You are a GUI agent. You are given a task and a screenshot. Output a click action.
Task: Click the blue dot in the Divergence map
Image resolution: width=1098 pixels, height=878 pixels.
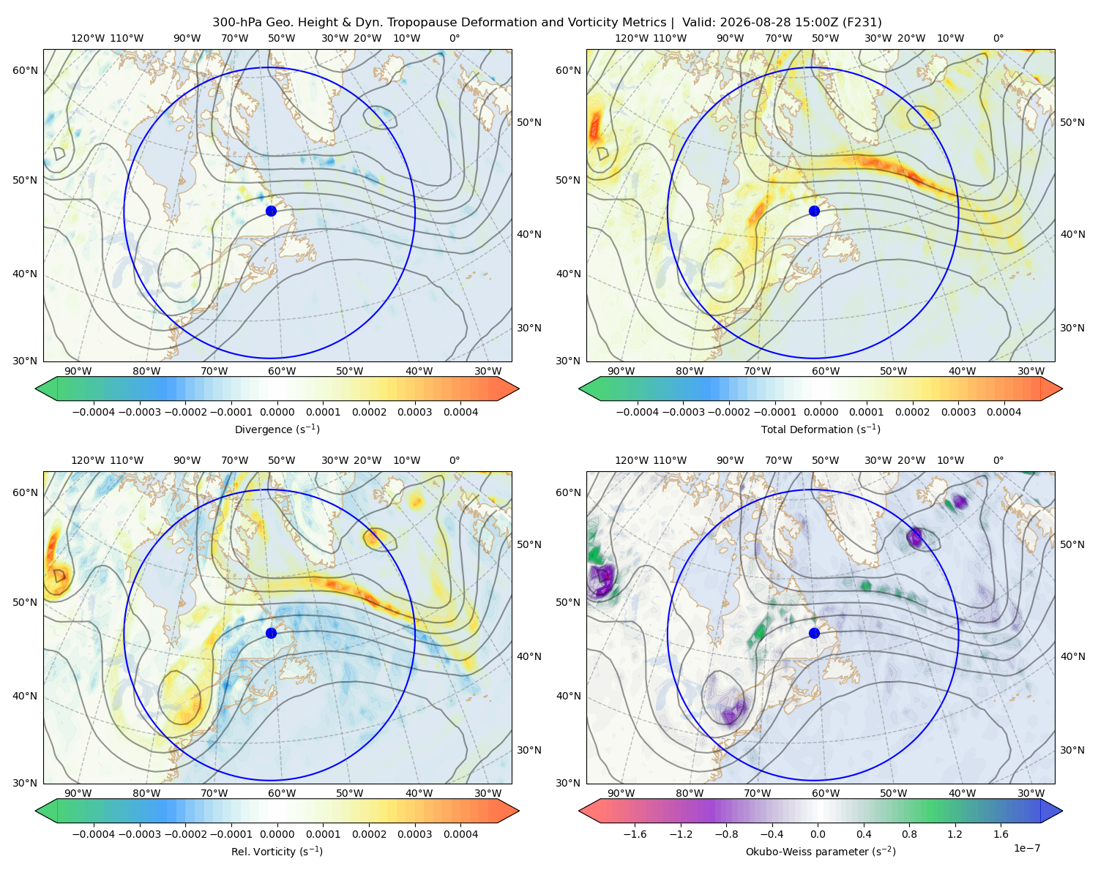[271, 211]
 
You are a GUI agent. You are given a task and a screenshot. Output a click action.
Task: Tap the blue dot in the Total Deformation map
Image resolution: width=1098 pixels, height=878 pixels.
[814, 211]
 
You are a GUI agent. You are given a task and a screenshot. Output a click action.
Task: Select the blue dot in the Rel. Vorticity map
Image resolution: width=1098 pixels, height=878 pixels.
[271, 633]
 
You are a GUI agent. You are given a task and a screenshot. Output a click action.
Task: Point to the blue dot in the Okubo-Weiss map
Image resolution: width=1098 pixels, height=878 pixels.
[814, 633]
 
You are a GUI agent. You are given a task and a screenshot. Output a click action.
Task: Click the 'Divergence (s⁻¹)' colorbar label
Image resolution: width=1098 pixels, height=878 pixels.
[277, 429]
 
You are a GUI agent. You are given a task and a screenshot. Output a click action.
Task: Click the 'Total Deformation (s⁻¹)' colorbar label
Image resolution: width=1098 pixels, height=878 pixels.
[821, 429]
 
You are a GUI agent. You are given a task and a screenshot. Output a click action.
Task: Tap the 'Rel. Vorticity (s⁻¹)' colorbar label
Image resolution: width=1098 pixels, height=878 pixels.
[277, 852]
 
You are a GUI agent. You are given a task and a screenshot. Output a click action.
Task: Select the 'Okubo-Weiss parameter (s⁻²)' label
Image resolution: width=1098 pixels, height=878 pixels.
[821, 852]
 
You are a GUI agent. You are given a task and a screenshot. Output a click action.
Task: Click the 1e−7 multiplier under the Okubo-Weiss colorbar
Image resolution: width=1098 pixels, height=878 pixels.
[1026, 848]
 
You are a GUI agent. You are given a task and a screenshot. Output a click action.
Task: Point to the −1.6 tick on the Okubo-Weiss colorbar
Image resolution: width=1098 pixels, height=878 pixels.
[635, 834]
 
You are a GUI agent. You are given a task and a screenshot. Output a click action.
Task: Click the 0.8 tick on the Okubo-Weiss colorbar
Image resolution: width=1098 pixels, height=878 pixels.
[909, 834]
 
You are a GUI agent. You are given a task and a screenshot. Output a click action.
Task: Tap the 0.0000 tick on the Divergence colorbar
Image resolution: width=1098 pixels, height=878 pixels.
[277, 412]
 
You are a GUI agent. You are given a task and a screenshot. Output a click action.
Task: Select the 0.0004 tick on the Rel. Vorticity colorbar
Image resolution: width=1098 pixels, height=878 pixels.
[460, 834]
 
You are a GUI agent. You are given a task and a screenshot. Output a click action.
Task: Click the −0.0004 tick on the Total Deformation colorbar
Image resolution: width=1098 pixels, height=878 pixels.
[638, 412]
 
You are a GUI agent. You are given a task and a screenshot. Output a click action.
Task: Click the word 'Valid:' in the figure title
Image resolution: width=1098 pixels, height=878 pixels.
[700, 23]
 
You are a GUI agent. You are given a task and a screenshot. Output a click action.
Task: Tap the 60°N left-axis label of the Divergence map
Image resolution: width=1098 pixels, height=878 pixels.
[25, 70]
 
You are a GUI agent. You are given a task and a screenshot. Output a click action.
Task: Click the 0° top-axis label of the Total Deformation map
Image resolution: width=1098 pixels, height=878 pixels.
[998, 38]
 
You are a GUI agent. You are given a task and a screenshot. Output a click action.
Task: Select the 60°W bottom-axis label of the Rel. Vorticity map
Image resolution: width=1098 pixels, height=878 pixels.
[282, 793]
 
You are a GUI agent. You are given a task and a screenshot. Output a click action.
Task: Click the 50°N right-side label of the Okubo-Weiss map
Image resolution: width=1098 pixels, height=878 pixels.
[1072, 544]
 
